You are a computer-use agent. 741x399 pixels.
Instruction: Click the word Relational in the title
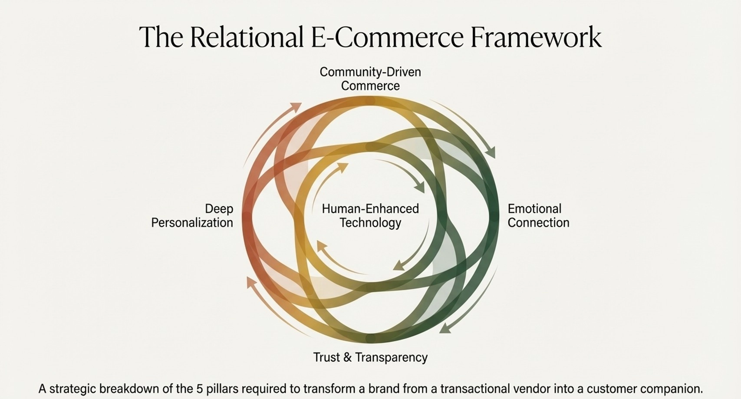pyautogui.click(x=246, y=37)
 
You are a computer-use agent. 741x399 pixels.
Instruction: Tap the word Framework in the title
pyautogui.click(x=536, y=37)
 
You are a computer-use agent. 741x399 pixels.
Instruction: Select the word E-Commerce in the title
pyautogui.click(x=387, y=37)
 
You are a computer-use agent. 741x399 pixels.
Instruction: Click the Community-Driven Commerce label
pyautogui.click(x=370, y=79)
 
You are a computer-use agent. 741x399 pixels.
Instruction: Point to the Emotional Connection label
pyautogui.click(x=538, y=215)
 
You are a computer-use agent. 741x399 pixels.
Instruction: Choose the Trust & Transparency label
pyautogui.click(x=370, y=357)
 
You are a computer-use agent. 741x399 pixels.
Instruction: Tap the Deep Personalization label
pyautogui.click(x=192, y=215)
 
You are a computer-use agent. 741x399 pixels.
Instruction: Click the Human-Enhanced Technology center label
pyautogui.click(x=370, y=215)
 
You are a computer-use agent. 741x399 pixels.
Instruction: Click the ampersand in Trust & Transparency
pyautogui.click(x=347, y=357)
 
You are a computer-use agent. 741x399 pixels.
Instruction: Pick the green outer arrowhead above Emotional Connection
pyautogui.click(x=491, y=152)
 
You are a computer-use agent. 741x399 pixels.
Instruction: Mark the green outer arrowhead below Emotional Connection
pyautogui.click(x=445, y=328)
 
